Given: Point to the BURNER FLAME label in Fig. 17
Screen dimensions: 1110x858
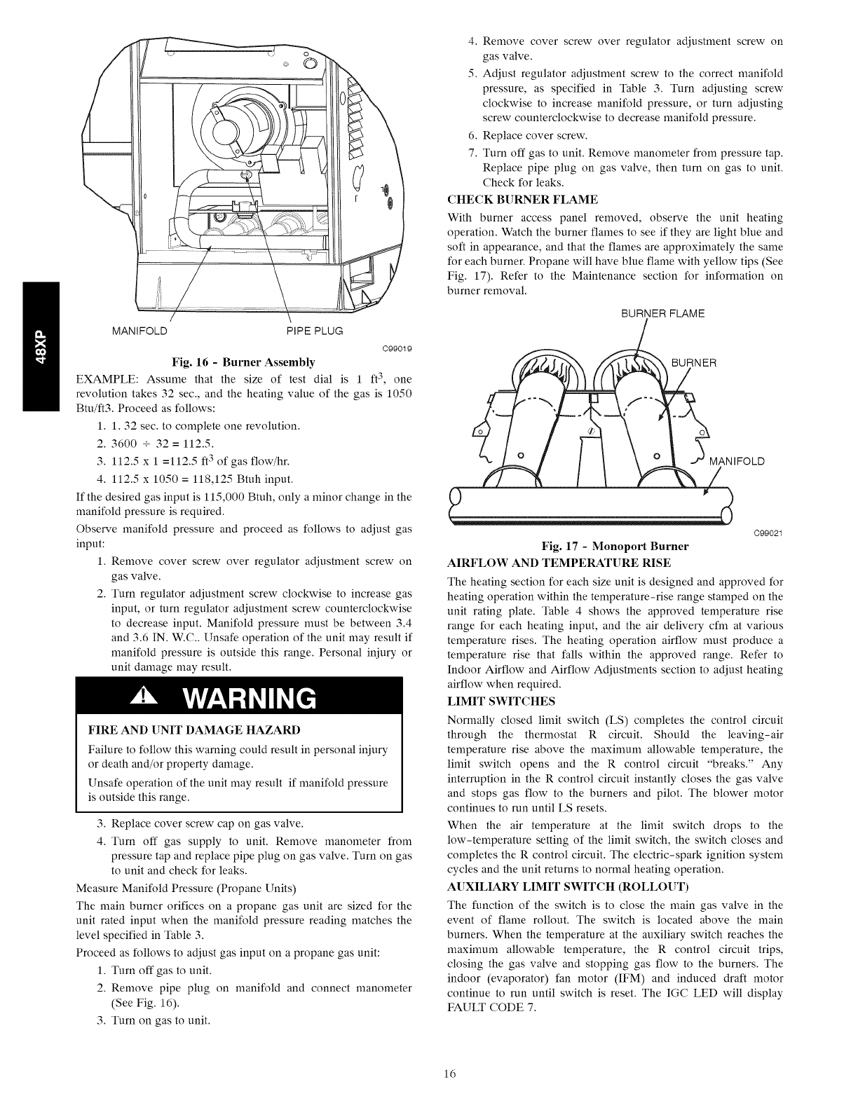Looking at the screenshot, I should tap(663, 313).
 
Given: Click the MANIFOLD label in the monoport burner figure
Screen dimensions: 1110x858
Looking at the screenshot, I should tap(737, 461).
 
